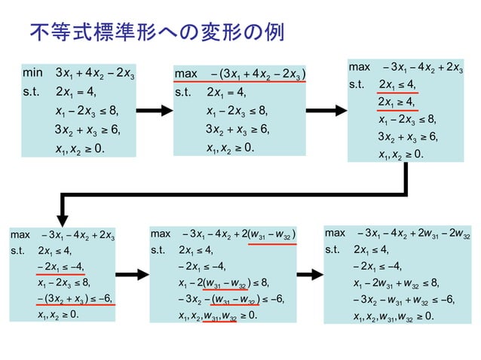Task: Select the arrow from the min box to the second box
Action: pyautogui.click(x=154, y=110)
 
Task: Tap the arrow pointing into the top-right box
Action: pyautogui.click(x=325, y=110)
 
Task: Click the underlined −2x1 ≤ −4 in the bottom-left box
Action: pyautogui.click(x=60, y=267)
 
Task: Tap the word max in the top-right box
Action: pyautogui.click(x=359, y=68)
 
